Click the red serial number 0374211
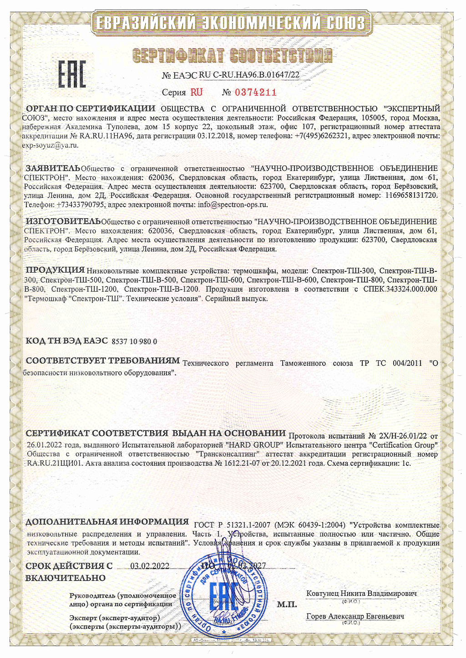click(x=256, y=92)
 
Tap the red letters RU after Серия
click(x=197, y=92)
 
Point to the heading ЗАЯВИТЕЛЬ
click(x=53, y=168)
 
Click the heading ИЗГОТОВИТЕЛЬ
click(x=63, y=221)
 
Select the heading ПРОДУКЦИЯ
click(x=55, y=270)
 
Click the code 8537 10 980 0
click(x=134, y=341)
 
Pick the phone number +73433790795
click(x=80, y=204)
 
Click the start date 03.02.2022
click(x=150, y=566)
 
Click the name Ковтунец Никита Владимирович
click(x=361, y=593)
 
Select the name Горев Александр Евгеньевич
click(x=355, y=616)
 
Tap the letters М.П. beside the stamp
click(x=287, y=604)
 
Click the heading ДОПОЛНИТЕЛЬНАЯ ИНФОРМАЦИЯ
click(x=107, y=522)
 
